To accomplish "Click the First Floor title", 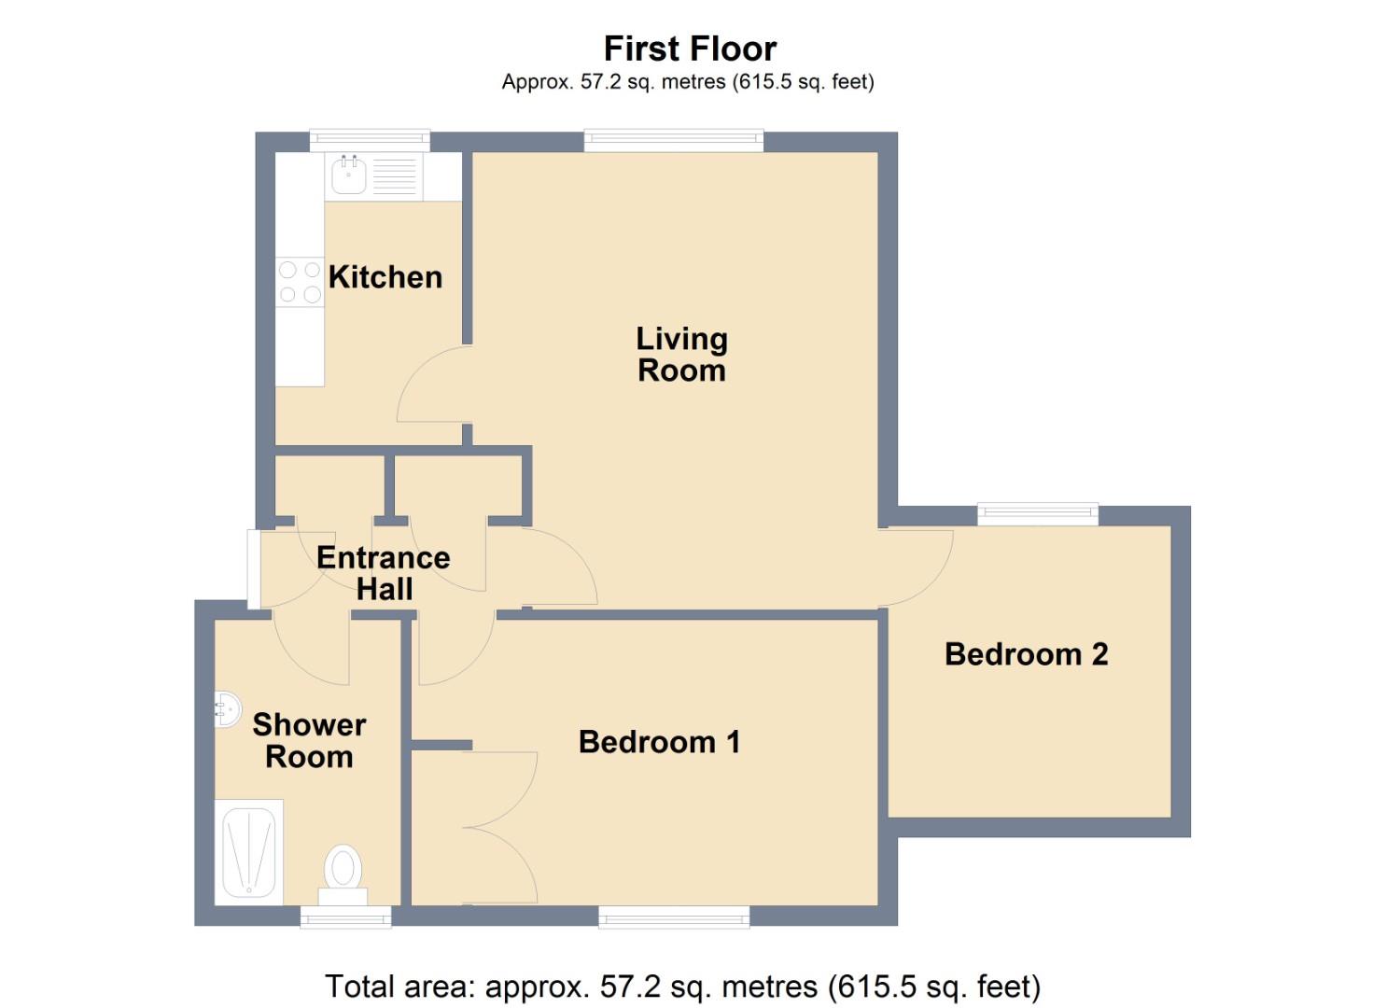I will pos(690,49).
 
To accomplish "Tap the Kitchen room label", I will pos(385,277).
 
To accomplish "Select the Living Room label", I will pos(681,355).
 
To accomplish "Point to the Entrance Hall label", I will pos(384,573).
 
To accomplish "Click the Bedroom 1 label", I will pos(659,742).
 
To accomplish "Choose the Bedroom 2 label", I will pos(1026,654).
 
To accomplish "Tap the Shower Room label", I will pos(309,740).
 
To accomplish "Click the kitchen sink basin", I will pos(349,175).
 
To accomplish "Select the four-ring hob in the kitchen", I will pos(300,282).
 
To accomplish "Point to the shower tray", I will pos(249,851).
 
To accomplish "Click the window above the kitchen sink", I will pos(370,141).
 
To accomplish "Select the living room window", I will pos(673,141).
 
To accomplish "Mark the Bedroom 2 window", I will pos(1037,513).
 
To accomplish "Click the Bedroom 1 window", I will pos(673,917).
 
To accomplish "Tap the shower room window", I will pos(345,917).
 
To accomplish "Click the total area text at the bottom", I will pos(682,986).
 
